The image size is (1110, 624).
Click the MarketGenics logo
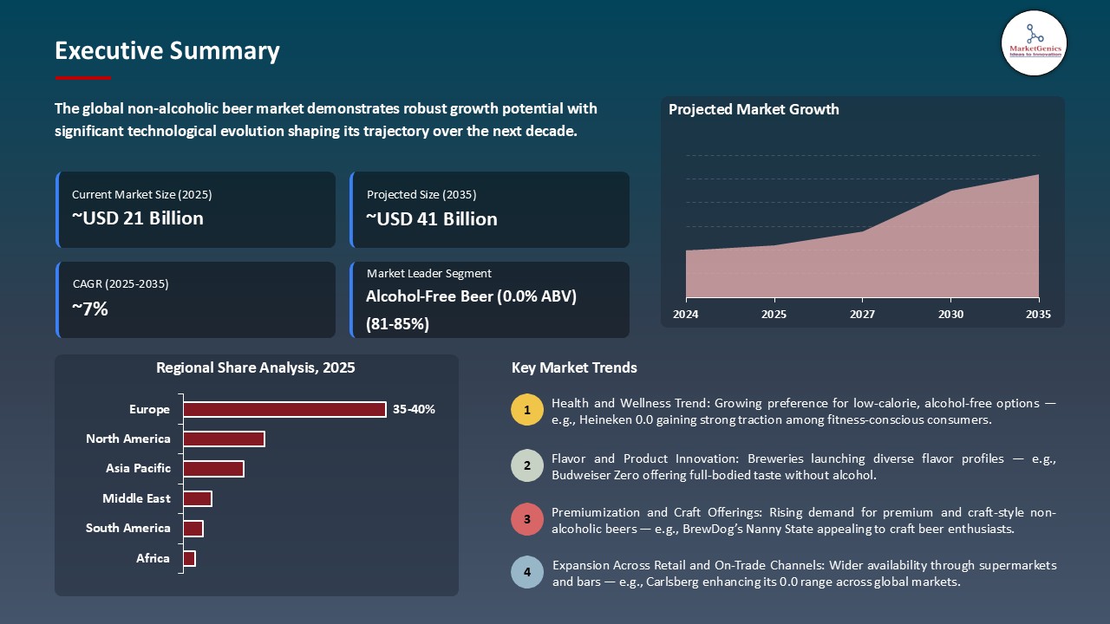pyautogui.click(x=1033, y=42)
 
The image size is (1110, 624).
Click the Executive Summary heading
pyautogui.click(x=166, y=51)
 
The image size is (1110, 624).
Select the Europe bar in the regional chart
pyautogui.click(x=284, y=409)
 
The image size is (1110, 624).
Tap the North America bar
pyautogui.click(x=224, y=439)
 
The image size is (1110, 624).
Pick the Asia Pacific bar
pyautogui.click(x=213, y=469)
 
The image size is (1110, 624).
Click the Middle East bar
pyautogui.click(x=197, y=498)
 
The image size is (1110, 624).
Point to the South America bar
pyautogui.click(x=193, y=529)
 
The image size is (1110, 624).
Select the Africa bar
pyautogui.click(x=189, y=559)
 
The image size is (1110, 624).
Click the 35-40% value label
pyautogui.click(x=414, y=409)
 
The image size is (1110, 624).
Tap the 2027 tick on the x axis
pyautogui.click(x=861, y=314)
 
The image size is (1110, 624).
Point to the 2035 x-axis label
pyautogui.click(x=1037, y=314)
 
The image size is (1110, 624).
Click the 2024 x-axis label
pyautogui.click(x=685, y=314)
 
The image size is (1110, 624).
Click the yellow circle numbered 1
pyautogui.click(x=526, y=410)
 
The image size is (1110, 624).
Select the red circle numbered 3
pyautogui.click(x=526, y=520)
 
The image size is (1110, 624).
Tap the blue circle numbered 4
pyautogui.click(x=526, y=573)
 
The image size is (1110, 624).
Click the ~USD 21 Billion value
pyautogui.click(x=137, y=218)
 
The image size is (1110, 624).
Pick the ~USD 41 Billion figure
pyautogui.click(x=432, y=218)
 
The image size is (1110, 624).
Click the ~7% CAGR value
pyautogui.click(x=89, y=309)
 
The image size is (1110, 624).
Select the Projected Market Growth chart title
pyautogui.click(x=754, y=109)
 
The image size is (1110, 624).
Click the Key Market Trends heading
pyautogui.click(x=574, y=367)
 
